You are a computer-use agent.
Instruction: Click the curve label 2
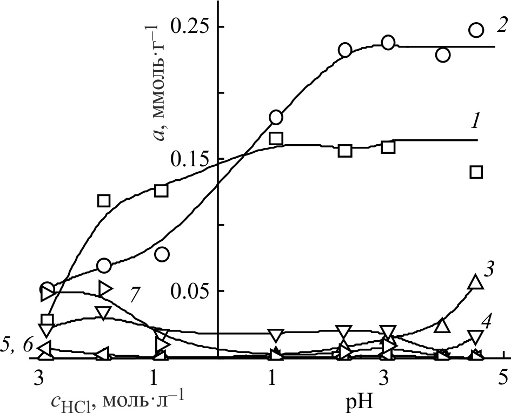pyautogui.click(x=501, y=25)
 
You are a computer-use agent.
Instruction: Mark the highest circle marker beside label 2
pyautogui.click(x=476, y=30)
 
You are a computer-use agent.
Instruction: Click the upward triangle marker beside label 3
pyautogui.click(x=475, y=282)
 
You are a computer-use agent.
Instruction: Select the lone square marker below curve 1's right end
pyautogui.click(x=476, y=172)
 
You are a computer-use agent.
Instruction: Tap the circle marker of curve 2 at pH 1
pyautogui.click(x=276, y=117)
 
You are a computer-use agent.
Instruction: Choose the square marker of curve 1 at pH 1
pyautogui.click(x=276, y=138)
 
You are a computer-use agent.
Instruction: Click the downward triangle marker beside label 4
pyautogui.click(x=475, y=337)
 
